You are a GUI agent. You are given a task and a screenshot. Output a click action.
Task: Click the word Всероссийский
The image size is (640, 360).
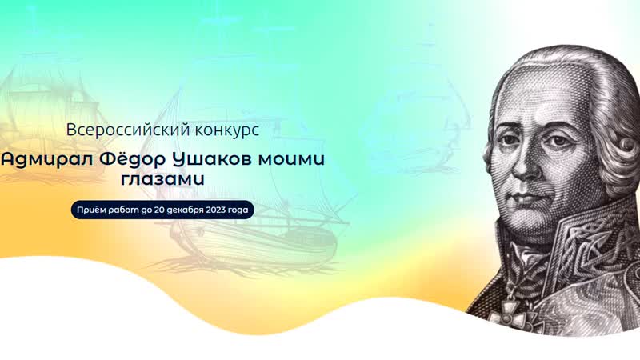tap(116, 129)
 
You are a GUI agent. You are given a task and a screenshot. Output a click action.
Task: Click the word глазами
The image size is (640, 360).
tap(167, 180)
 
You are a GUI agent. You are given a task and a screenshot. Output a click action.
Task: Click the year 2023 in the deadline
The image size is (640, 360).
tap(211, 210)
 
